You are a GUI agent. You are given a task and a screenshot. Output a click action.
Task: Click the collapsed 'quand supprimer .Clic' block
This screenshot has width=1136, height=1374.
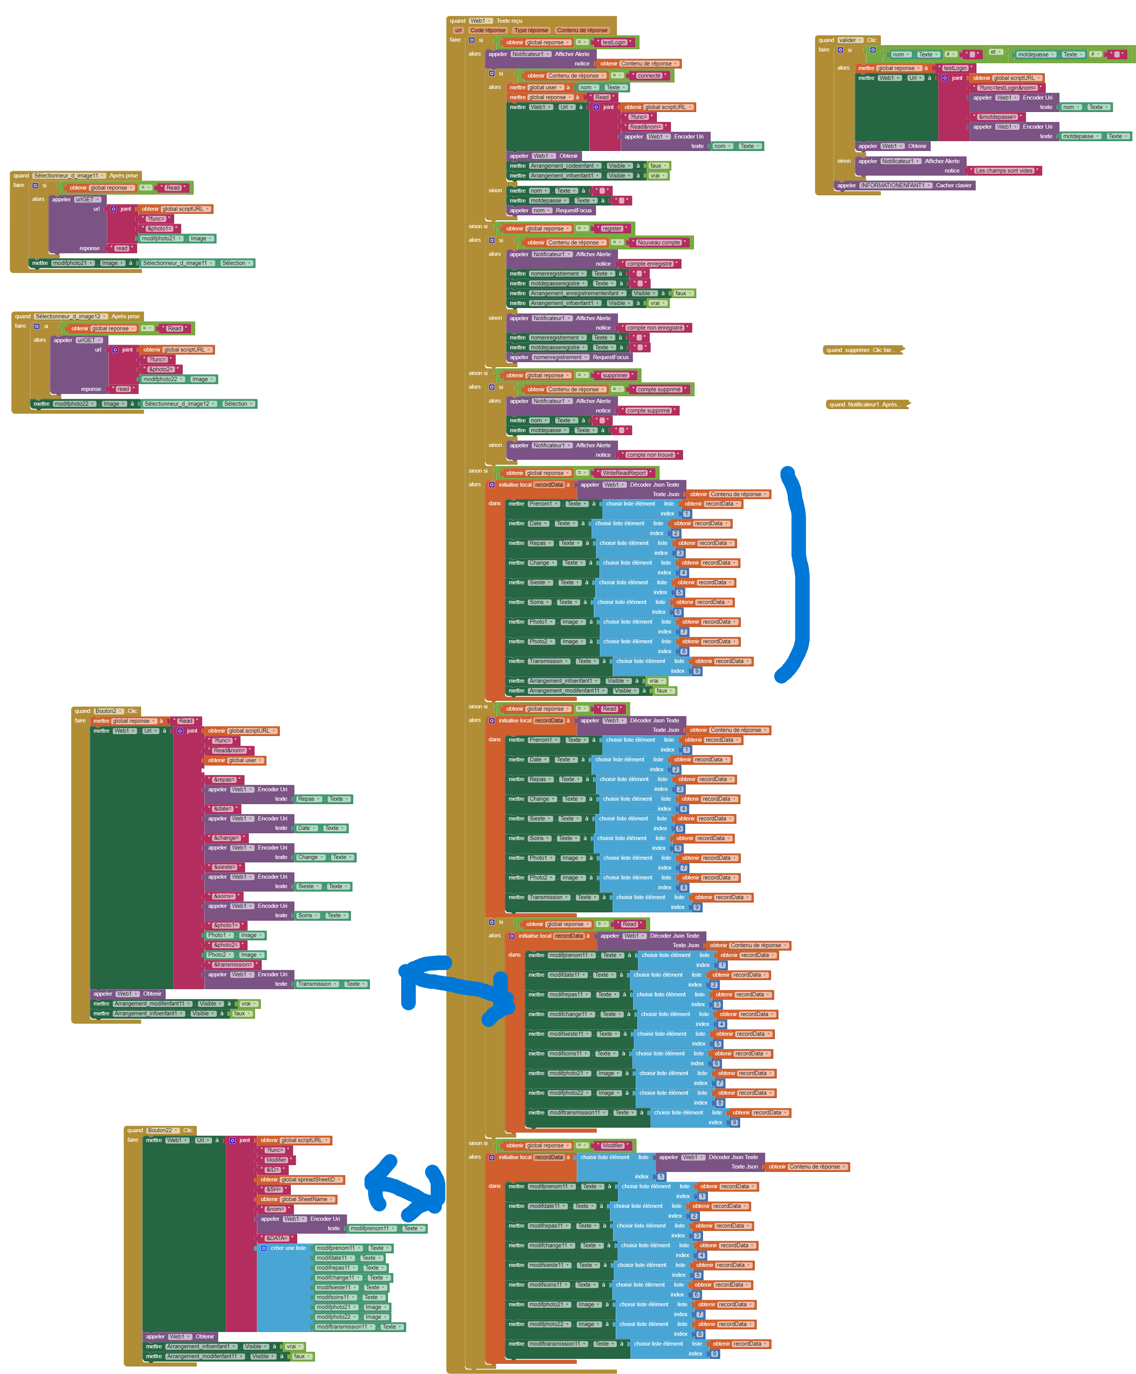click(862, 350)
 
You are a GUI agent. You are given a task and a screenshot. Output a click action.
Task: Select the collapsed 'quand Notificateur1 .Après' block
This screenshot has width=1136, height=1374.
click(866, 405)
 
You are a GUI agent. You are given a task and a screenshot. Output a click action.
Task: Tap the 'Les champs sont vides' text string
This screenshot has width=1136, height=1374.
click(1004, 171)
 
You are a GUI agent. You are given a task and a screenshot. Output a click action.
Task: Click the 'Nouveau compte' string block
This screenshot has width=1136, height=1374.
click(659, 243)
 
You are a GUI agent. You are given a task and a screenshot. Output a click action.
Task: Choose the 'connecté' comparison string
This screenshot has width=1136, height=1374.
click(649, 76)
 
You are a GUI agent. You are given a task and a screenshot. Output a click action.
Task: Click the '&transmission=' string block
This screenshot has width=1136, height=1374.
click(233, 965)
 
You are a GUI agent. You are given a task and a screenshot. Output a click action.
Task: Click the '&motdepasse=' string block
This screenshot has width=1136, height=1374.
click(997, 117)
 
